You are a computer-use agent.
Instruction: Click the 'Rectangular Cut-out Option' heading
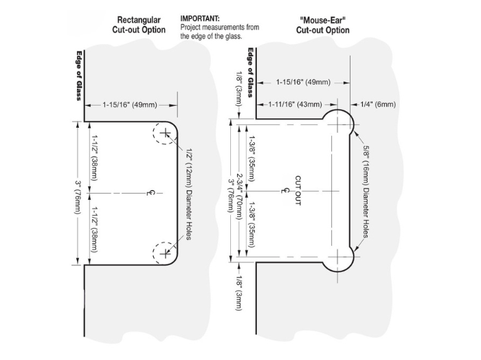pyautogui.click(x=139, y=25)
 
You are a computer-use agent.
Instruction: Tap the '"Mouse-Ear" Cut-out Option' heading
pyautogui.click(x=322, y=25)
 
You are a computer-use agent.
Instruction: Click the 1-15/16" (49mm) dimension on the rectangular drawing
pyautogui.click(x=130, y=105)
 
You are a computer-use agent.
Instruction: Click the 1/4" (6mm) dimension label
pyautogui.click(x=378, y=104)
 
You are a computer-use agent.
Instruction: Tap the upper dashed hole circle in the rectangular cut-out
pyautogui.click(x=165, y=133)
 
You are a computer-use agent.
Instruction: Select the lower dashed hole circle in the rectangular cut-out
pyautogui.click(x=165, y=253)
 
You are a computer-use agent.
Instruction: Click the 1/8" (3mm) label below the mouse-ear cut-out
pyautogui.click(x=238, y=291)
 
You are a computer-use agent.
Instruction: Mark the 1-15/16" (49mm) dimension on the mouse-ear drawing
pyautogui.click(x=303, y=82)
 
